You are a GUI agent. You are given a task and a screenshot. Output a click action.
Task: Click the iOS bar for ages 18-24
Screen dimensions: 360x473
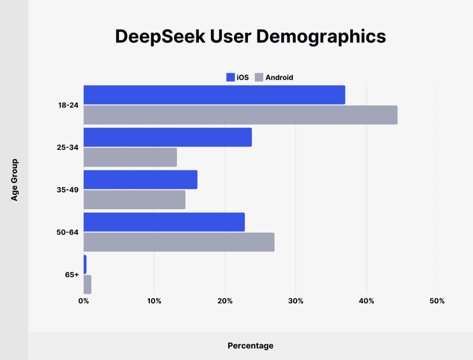click(x=214, y=95)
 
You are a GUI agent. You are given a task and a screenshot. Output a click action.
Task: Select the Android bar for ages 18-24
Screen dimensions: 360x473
click(x=240, y=115)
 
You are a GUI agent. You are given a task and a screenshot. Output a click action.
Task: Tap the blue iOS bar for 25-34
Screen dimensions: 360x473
click(x=168, y=137)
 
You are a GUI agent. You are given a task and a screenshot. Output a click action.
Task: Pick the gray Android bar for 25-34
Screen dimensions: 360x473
click(x=130, y=157)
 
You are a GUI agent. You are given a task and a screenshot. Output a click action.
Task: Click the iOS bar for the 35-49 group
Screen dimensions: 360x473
click(x=140, y=180)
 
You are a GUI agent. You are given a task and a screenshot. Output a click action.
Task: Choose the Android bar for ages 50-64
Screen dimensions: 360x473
click(x=179, y=242)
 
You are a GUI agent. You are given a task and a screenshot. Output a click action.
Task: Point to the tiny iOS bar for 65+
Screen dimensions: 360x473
click(x=85, y=264)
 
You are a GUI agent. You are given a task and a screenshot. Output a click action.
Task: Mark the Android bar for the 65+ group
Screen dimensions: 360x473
click(x=87, y=285)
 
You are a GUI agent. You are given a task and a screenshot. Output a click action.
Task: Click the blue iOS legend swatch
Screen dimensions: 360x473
click(x=230, y=77)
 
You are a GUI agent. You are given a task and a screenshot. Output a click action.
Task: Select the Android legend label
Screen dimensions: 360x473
click(x=279, y=77)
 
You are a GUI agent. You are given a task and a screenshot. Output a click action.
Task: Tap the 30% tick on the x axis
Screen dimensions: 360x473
click(x=296, y=301)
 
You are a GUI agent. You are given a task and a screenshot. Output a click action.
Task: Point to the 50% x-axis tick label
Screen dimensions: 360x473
click(x=437, y=301)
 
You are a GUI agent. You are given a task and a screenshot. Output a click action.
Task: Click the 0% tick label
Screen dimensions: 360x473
click(x=83, y=301)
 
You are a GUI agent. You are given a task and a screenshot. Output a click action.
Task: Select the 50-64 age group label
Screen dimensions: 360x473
click(x=68, y=232)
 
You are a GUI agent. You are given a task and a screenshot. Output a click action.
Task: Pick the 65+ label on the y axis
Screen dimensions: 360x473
click(x=72, y=274)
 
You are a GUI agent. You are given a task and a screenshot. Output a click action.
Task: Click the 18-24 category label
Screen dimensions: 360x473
click(x=68, y=105)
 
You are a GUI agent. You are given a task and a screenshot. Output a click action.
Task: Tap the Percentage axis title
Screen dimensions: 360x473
click(x=250, y=346)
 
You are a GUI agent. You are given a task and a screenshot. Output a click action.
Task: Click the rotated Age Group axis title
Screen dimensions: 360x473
click(x=14, y=180)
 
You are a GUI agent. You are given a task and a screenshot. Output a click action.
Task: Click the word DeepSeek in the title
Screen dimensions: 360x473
click(x=160, y=37)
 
